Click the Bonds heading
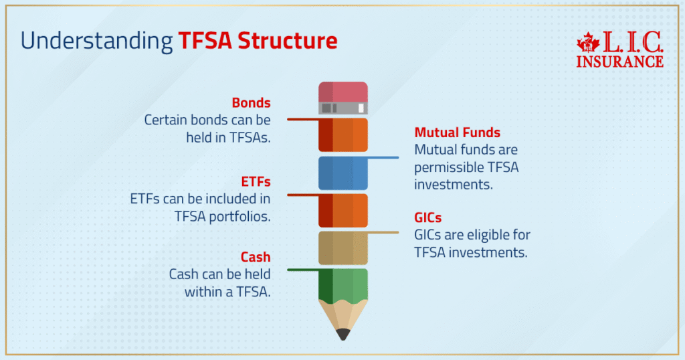[251, 103]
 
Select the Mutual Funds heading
[457, 132]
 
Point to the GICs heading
[428, 218]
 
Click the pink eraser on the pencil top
[342, 91]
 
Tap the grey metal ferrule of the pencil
[342, 108]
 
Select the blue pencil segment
[342, 173]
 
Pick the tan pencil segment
[342, 248]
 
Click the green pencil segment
[342, 284]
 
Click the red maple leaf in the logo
[587, 43]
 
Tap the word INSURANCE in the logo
[619, 62]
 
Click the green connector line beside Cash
[303, 270]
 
